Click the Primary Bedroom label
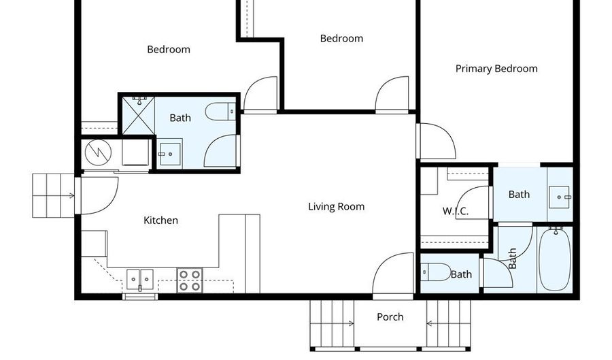[x=496, y=69]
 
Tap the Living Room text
[x=336, y=207]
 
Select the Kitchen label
[x=161, y=220]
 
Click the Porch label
[x=390, y=317]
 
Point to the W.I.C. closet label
[x=456, y=211]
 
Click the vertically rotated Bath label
[x=512, y=258]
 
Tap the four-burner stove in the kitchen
[x=190, y=280]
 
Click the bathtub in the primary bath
[x=555, y=259]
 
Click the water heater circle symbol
[x=98, y=153]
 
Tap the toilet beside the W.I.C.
[x=435, y=273]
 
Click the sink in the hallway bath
[x=170, y=153]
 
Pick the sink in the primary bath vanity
[x=560, y=196]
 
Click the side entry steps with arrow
[x=53, y=195]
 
